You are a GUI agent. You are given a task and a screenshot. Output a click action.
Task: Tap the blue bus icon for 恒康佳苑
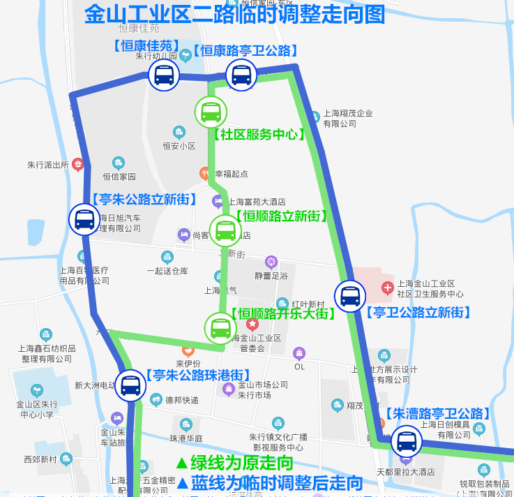click(x=164, y=75)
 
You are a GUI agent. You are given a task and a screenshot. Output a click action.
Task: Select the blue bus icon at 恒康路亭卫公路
click(x=241, y=75)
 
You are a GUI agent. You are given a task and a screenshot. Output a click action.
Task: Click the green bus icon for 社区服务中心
click(x=211, y=112)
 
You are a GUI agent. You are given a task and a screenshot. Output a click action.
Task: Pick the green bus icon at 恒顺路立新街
click(x=225, y=230)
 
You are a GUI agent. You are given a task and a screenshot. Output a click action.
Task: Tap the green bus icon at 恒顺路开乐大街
click(x=220, y=327)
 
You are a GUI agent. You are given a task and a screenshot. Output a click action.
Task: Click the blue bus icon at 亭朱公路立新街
click(x=84, y=219)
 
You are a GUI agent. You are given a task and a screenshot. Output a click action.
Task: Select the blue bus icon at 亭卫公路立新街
click(x=349, y=296)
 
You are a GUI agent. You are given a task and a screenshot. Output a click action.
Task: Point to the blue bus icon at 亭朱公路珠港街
click(x=130, y=385)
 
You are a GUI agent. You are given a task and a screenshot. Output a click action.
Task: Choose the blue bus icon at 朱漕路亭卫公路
click(x=406, y=441)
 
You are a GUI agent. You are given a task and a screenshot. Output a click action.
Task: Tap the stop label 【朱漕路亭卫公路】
click(x=437, y=414)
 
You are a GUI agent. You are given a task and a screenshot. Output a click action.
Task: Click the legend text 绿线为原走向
click(x=234, y=462)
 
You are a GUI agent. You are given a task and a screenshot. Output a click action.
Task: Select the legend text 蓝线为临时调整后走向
click(x=269, y=482)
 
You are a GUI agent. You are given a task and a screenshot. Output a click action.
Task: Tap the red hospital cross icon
click(x=388, y=288)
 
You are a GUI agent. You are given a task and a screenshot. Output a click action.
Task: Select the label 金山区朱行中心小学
click(x=36, y=409)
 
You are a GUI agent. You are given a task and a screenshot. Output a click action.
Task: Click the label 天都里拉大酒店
click(x=406, y=472)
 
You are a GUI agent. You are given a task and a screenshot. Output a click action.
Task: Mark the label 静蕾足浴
click(x=271, y=276)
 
